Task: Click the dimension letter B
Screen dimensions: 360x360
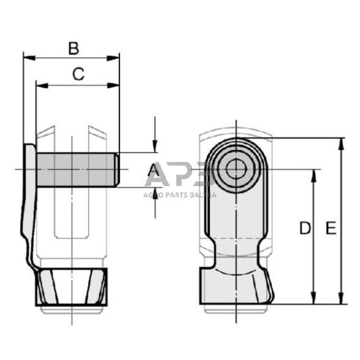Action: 73,47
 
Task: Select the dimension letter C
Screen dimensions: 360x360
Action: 78,74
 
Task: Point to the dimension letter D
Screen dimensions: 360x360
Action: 304,229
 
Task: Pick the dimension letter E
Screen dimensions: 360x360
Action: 330,229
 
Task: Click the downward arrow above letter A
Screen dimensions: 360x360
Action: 155,147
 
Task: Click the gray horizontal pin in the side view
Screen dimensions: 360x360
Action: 73,170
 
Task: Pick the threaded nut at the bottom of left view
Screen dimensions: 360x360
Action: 72,287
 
